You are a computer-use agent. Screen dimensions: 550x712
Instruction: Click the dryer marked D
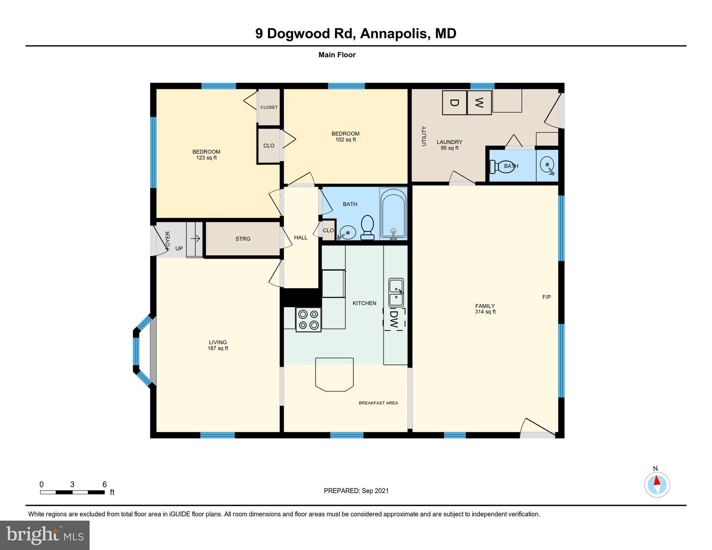pyautogui.click(x=454, y=103)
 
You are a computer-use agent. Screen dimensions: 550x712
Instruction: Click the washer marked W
pyautogui.click(x=479, y=103)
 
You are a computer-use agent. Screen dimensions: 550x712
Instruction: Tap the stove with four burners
pyautogui.click(x=309, y=320)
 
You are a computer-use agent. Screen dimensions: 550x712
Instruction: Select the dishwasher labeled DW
pyautogui.click(x=395, y=319)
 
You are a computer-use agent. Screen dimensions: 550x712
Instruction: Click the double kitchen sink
pyautogui.click(x=396, y=293)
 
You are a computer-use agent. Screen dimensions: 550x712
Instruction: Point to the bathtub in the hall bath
pyautogui.click(x=393, y=214)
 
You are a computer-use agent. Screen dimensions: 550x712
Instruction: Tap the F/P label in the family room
pyautogui.click(x=546, y=297)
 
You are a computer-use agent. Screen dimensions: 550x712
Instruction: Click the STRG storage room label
pyautogui.click(x=243, y=239)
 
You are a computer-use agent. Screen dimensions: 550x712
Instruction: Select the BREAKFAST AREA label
pyautogui.click(x=378, y=403)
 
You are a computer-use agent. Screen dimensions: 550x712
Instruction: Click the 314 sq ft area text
pyautogui.click(x=485, y=312)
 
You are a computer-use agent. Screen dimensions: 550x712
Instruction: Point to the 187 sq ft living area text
pyautogui.click(x=218, y=348)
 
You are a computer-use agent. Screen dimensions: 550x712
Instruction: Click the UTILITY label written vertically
pyautogui.click(x=424, y=136)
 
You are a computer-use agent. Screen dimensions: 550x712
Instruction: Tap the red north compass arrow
pyautogui.click(x=657, y=481)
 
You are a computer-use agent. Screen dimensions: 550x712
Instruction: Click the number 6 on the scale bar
pyautogui.click(x=105, y=484)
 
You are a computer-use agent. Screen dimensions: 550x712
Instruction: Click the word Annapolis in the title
pyautogui.click(x=395, y=33)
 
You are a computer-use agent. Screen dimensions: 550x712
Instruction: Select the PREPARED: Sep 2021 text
pyautogui.click(x=356, y=491)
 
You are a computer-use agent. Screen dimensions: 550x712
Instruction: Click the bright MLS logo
pyautogui.click(x=45, y=535)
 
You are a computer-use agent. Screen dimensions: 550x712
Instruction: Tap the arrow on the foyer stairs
pyautogui.click(x=195, y=238)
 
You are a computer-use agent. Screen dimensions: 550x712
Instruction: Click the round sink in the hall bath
pyautogui.click(x=347, y=233)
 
